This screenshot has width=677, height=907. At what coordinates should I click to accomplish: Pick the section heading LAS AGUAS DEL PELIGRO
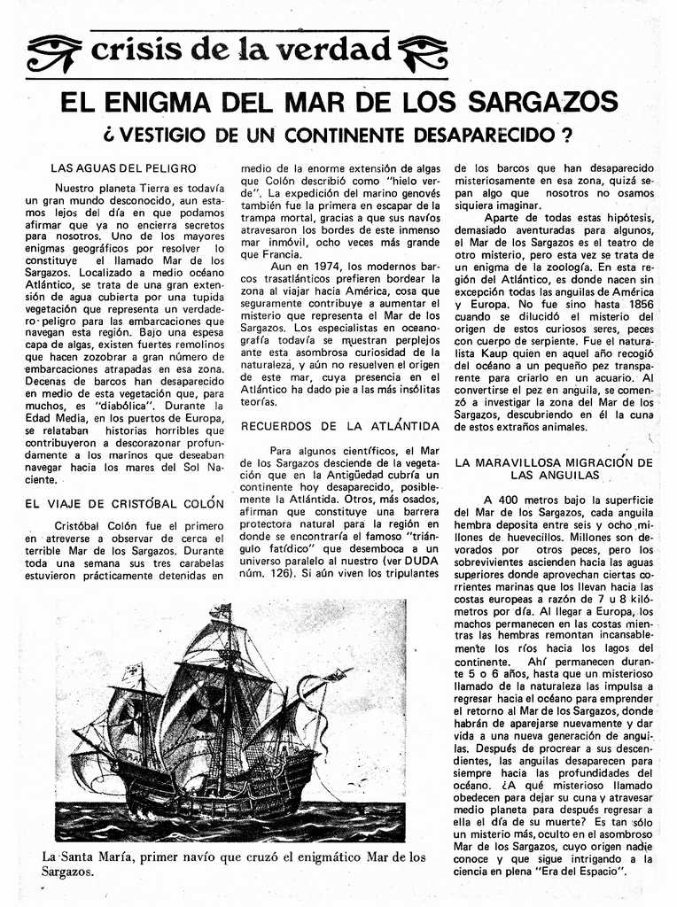click(x=123, y=167)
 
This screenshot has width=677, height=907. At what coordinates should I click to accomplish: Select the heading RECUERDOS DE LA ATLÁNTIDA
click(x=340, y=426)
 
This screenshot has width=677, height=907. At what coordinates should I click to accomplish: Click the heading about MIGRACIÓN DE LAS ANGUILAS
click(x=553, y=469)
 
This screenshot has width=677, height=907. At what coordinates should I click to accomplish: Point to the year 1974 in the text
click(x=326, y=267)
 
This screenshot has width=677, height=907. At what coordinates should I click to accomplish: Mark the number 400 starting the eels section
click(x=516, y=499)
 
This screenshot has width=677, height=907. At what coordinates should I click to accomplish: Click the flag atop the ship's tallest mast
click(x=220, y=611)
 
